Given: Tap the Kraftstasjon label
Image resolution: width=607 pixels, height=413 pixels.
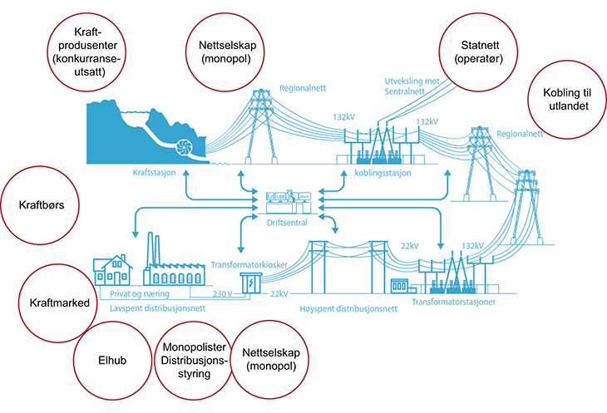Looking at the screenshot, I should click(x=155, y=174).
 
